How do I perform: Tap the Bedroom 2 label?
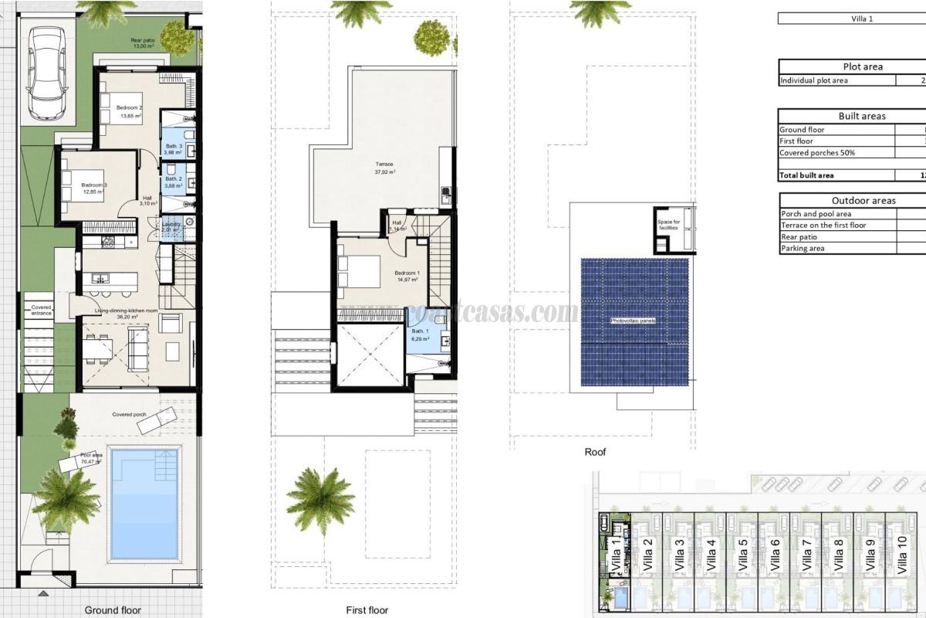click(129, 107)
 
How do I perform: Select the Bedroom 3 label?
click(94, 185)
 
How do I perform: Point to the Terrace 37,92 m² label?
click(384, 165)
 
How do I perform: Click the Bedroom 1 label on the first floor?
click(407, 273)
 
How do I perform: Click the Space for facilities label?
click(668, 225)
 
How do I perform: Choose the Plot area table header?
click(863, 66)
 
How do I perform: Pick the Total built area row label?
click(806, 175)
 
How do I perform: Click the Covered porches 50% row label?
click(816, 153)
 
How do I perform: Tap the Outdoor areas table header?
click(863, 201)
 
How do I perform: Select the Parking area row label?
click(803, 248)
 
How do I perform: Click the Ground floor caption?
click(113, 610)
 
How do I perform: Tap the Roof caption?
click(594, 452)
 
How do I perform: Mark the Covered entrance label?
click(41, 310)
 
